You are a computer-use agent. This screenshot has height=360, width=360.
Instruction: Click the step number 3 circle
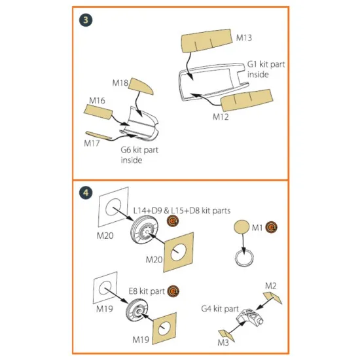pyautogui.click(x=86, y=20)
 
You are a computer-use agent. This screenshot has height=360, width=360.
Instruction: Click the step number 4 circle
pyautogui.click(x=86, y=192)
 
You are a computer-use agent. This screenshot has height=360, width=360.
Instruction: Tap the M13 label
pyautogui.click(x=244, y=38)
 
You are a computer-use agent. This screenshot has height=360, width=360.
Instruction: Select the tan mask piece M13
pyautogui.click(x=207, y=41)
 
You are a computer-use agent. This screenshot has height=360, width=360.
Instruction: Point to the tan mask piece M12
pyautogui.click(x=247, y=100)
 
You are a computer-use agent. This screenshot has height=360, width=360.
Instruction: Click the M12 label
pyautogui.click(x=221, y=117)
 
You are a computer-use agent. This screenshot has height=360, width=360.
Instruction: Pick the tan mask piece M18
pyautogui.click(x=141, y=86)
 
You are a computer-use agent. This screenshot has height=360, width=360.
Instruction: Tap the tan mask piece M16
pyautogui.click(x=98, y=112)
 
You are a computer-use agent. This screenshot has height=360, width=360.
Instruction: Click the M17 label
pyautogui.click(x=92, y=143)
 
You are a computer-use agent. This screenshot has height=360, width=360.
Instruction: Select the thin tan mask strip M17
pyautogui.click(x=98, y=135)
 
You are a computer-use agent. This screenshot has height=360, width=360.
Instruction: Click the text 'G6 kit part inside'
pyautogui.click(x=139, y=155)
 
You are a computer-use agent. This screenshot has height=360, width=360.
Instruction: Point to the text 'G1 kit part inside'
pyautogui.click(x=266, y=69)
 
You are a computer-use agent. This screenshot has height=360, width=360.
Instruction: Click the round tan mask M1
pyautogui.click(x=242, y=227)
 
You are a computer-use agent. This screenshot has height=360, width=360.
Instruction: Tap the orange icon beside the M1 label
pyautogui.click(x=272, y=227)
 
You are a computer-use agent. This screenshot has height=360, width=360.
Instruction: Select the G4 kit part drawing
pyautogui.click(x=249, y=317)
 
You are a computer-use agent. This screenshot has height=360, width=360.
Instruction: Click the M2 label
pyautogui.click(x=271, y=286)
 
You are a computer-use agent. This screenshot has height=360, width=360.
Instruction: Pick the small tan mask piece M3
pyautogui.click(x=226, y=336)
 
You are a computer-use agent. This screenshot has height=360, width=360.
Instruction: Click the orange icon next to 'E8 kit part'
pyautogui.click(x=173, y=291)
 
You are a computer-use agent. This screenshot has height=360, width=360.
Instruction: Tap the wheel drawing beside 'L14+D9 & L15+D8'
pyautogui.click(x=145, y=231)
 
